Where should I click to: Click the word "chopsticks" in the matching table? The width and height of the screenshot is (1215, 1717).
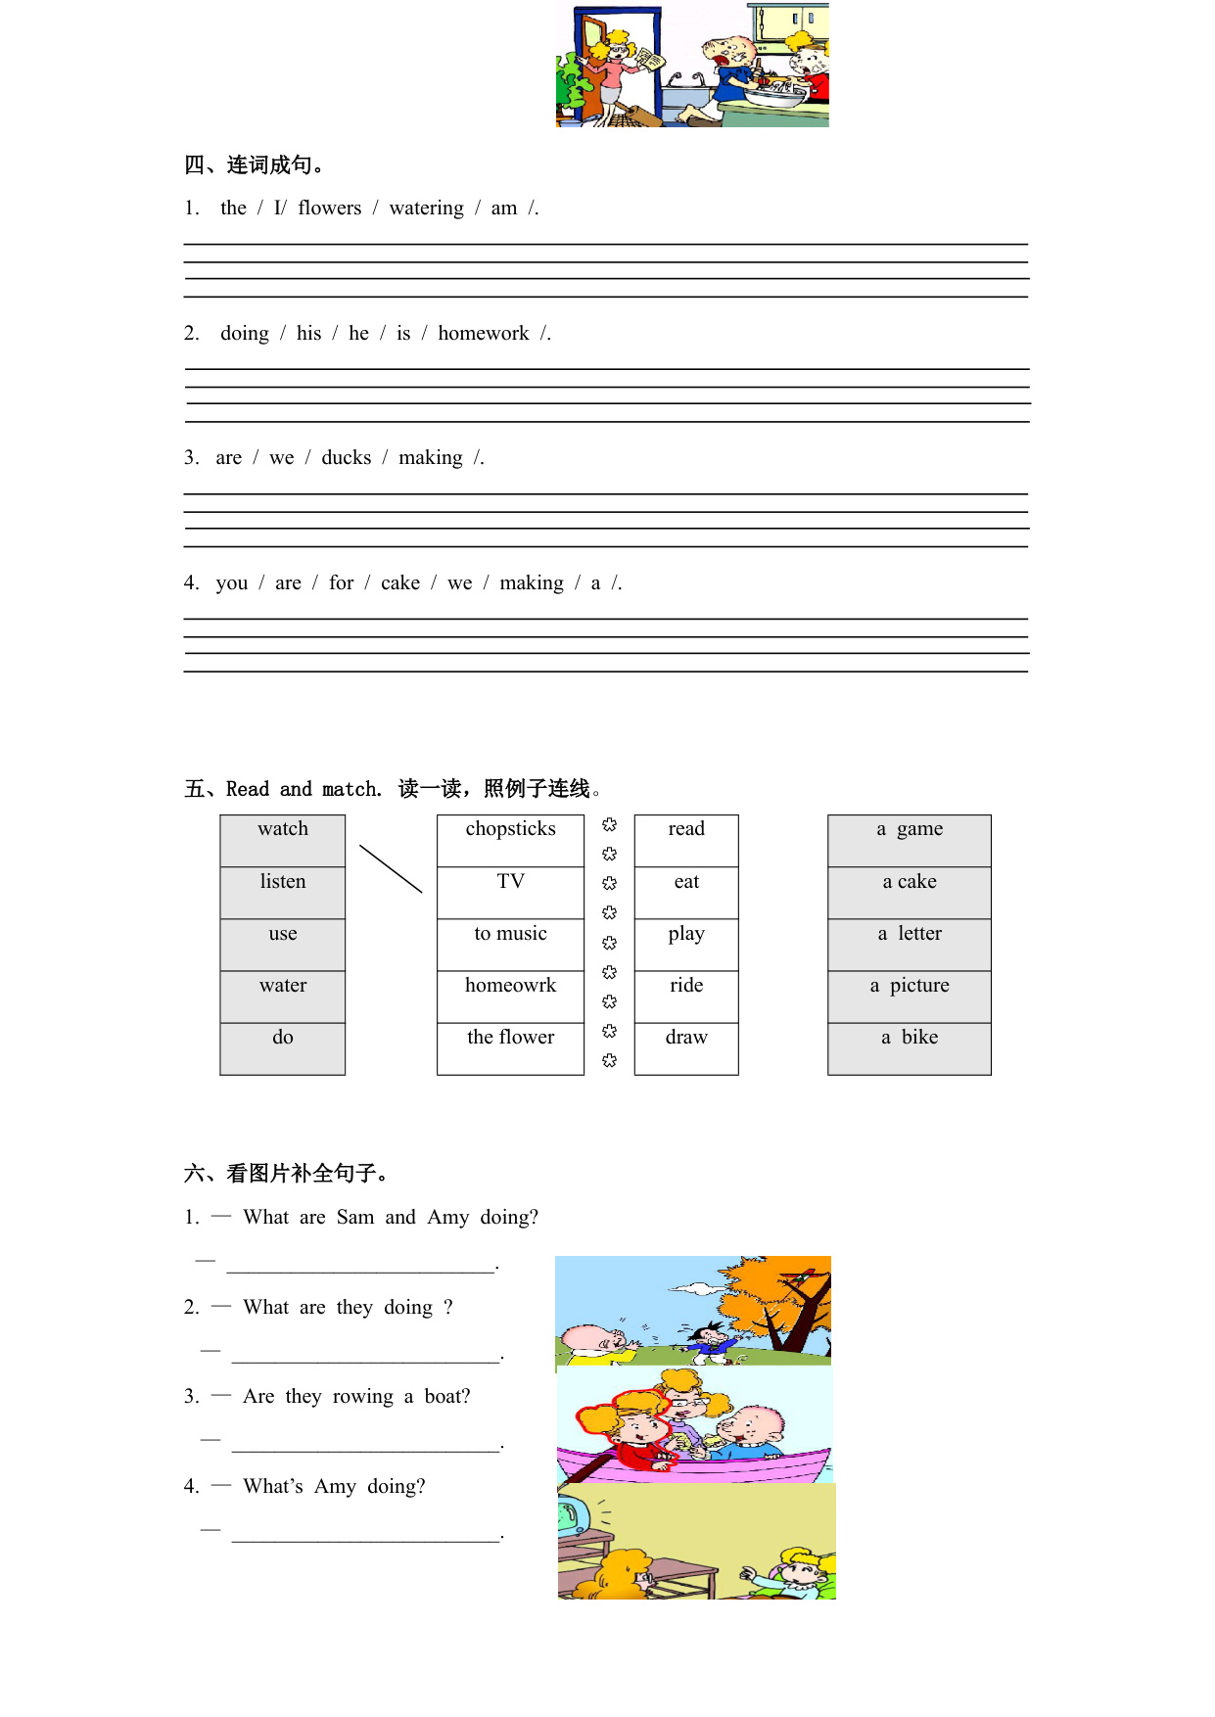click(x=510, y=829)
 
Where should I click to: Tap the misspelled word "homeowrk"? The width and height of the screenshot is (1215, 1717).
click(x=510, y=986)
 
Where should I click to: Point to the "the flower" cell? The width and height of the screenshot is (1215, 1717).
click(x=510, y=1038)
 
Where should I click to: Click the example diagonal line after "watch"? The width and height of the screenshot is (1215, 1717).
click(x=391, y=868)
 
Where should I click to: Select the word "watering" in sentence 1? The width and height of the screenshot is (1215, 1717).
click(x=427, y=209)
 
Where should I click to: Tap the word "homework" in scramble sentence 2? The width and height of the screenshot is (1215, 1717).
click(x=484, y=334)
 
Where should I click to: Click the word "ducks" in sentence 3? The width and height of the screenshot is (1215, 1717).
click(x=347, y=458)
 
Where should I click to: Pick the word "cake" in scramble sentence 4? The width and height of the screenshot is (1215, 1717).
click(x=400, y=583)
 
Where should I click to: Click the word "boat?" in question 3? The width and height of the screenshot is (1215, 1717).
click(x=447, y=1397)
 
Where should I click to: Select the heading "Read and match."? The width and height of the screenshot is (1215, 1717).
click(x=304, y=789)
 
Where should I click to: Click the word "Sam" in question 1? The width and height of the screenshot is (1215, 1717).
click(x=355, y=1218)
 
